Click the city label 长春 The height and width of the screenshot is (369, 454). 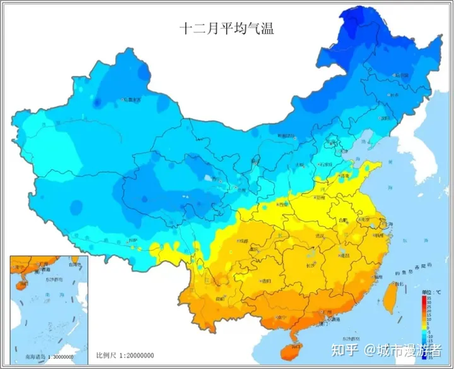(394, 95)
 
